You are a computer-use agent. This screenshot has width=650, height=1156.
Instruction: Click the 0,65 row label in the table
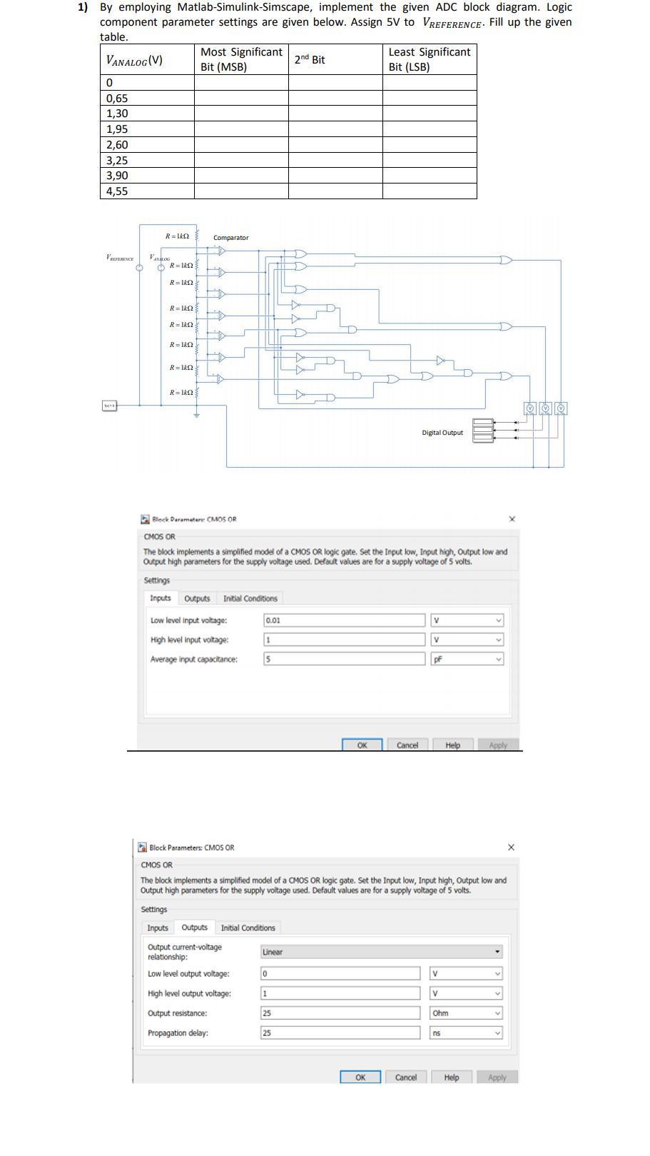pyautogui.click(x=117, y=99)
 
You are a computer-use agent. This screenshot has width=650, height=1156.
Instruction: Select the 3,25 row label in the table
pyautogui.click(x=117, y=161)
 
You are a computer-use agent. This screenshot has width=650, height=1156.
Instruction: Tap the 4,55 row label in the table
pyautogui.click(x=117, y=191)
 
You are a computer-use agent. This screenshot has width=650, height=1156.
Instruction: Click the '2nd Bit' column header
pyautogui.click(x=310, y=60)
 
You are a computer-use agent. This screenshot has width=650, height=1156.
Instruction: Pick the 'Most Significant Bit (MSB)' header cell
pyautogui.click(x=241, y=59)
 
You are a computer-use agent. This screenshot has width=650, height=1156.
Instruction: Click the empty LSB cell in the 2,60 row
pyautogui.click(x=430, y=145)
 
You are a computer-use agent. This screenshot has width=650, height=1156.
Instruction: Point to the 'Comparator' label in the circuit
pyautogui.click(x=231, y=238)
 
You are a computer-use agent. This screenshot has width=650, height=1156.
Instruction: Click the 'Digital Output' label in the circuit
pyautogui.click(x=442, y=433)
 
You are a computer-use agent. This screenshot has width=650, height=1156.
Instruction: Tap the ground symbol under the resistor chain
pyautogui.click(x=197, y=414)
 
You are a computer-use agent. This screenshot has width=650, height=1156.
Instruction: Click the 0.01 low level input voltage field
pyautogui.click(x=344, y=620)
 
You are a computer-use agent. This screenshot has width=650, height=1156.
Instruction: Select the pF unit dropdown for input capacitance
pyautogui.click(x=467, y=660)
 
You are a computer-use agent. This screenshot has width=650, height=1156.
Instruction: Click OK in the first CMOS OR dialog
pyautogui.click(x=362, y=745)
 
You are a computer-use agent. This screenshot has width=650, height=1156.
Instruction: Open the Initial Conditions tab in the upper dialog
pyautogui.click(x=250, y=598)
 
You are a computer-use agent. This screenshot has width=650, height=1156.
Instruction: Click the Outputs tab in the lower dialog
pyautogui.click(x=194, y=928)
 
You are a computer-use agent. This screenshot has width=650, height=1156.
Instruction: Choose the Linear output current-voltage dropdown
pyautogui.click(x=381, y=952)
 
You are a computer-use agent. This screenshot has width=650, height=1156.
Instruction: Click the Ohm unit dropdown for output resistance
pyautogui.click(x=466, y=1013)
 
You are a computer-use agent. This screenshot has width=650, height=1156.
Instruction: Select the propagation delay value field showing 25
pyautogui.click(x=340, y=1033)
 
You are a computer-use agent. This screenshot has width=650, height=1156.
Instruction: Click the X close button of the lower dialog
pyautogui.click(x=511, y=848)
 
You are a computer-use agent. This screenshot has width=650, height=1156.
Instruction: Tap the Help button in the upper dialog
pyautogui.click(x=452, y=745)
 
